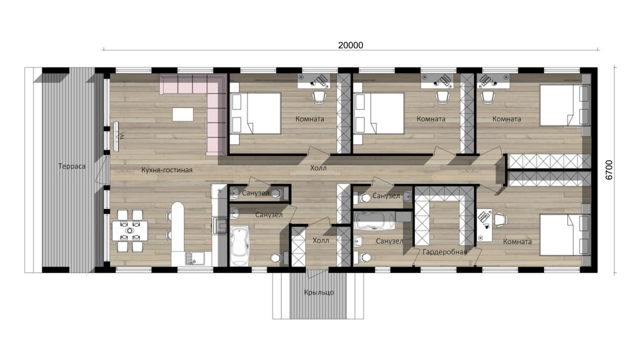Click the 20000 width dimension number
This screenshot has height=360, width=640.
tap(350, 45)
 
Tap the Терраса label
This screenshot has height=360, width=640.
tap(71, 166)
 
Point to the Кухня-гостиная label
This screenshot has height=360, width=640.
tap(167, 170)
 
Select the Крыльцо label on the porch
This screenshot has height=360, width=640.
tap(319, 292)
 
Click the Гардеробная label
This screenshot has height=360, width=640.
tap(444, 252)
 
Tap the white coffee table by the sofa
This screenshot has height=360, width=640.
tap(183, 114)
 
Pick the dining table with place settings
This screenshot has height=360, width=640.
tap(130, 230)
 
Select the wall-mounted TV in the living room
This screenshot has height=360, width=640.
tap(116, 136)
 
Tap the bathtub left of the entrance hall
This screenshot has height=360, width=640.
tap(239, 246)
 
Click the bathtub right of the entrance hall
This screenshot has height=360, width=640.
tap(374, 220)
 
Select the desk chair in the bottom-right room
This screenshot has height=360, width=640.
tap(501, 219)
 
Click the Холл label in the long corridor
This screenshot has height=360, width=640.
tap(318, 168)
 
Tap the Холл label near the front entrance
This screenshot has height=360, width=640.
tap(320, 240)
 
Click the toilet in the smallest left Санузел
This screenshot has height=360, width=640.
tap(277, 193)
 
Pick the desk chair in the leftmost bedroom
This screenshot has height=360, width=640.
tap(319, 97)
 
